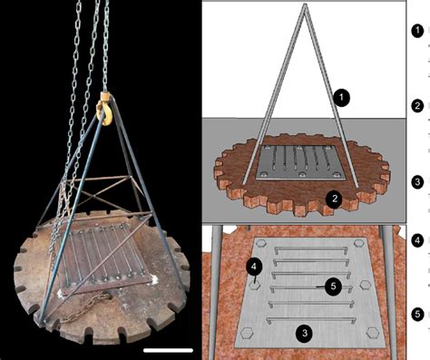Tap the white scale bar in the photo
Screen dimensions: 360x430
[x=170, y=348]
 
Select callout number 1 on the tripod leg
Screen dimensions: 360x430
[x=339, y=94]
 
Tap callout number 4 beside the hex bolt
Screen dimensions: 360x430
[x=255, y=266]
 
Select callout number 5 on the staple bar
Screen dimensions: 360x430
[x=333, y=287]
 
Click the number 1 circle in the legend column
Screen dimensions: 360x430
[x=417, y=30]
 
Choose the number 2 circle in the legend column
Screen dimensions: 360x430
[x=417, y=106]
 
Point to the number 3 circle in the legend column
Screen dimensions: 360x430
[x=417, y=182]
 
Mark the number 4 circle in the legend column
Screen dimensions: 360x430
[x=417, y=241]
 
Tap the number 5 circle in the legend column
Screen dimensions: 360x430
[x=417, y=315]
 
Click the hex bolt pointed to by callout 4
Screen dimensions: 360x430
[x=256, y=283]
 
